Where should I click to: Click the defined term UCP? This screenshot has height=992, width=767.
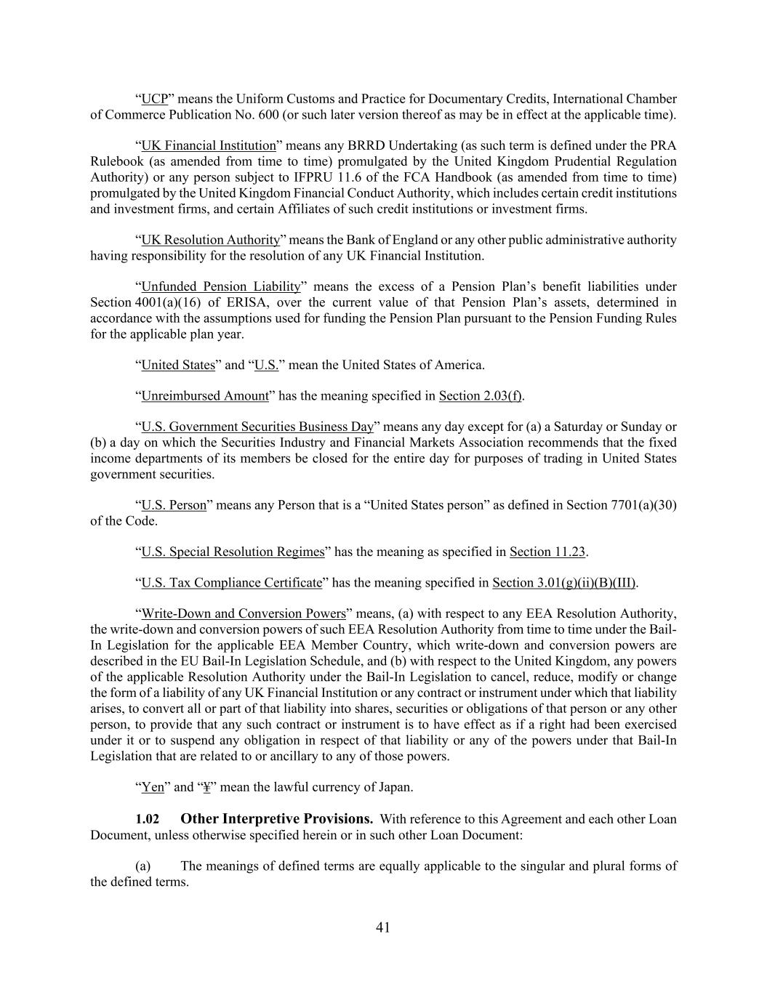154,99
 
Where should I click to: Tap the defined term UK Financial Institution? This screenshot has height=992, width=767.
209,145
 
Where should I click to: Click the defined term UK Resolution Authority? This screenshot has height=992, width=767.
210,240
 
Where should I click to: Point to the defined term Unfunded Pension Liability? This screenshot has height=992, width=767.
221,286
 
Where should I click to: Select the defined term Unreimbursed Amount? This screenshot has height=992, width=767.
205,396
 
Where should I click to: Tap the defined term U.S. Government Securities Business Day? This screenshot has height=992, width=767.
257,427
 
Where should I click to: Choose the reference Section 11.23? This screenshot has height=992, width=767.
547,552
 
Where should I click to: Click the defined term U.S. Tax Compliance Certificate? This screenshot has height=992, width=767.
231,583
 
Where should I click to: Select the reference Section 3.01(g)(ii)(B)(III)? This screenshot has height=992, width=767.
564,583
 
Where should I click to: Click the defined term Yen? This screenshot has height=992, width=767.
153,787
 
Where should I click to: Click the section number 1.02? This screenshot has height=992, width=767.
148,819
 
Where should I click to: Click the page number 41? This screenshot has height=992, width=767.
383,927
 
